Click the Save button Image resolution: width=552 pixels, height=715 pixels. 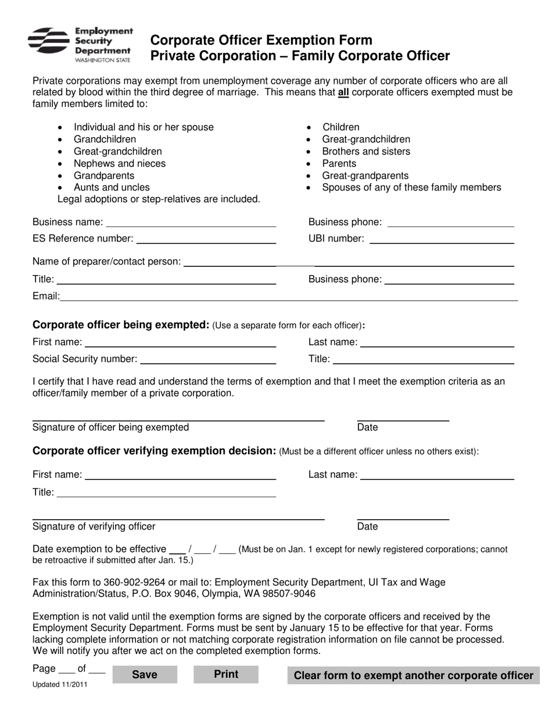click(x=144, y=674)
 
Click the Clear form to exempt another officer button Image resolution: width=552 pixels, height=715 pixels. click(x=413, y=675)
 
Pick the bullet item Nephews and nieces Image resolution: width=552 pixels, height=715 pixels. click(x=119, y=163)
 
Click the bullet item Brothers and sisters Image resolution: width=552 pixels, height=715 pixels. click(x=366, y=151)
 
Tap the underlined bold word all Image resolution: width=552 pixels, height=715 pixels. click(x=343, y=92)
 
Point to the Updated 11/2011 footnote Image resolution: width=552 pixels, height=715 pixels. click(x=60, y=685)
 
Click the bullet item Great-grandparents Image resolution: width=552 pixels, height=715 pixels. click(x=365, y=176)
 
